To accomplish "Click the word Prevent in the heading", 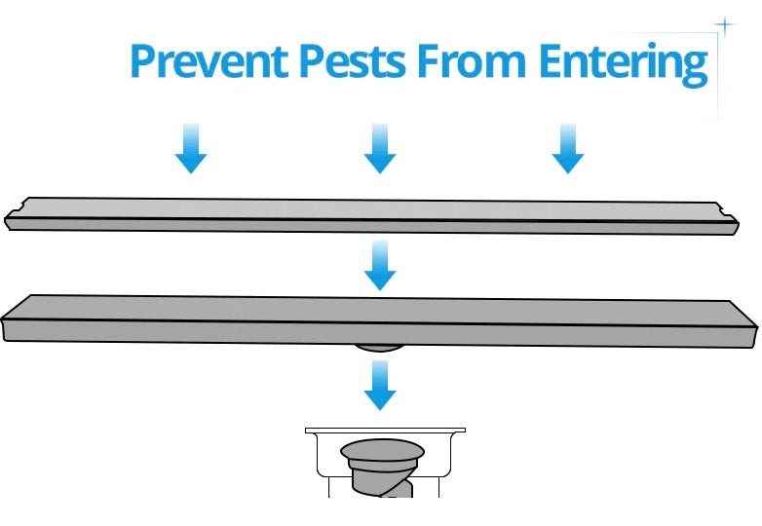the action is pos(209,60).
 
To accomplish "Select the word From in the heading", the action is pos(472,60).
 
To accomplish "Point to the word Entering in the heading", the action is pos(623,65).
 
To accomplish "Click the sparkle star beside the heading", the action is pos(725,25).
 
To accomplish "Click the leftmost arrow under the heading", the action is pos(191,149).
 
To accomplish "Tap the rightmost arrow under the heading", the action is pos(568,149).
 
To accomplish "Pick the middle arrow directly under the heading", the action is pos(380,149).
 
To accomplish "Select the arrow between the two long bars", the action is pos(380,266).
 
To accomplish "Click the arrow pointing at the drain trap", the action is pos(380,385).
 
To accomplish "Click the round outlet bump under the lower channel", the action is pos(379,348).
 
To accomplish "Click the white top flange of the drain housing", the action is pos(385,431).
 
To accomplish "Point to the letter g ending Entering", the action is pos(695,69).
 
